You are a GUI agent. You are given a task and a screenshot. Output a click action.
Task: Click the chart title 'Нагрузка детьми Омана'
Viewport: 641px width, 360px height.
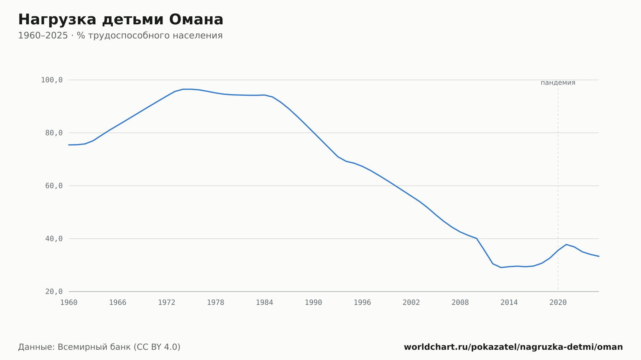click(121, 20)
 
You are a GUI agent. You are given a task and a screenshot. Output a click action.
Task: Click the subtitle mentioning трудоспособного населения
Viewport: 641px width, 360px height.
click(120, 36)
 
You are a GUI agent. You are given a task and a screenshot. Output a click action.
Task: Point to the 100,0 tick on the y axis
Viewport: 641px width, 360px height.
click(52, 80)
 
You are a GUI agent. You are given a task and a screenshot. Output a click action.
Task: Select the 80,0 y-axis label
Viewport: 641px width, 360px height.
click(54, 133)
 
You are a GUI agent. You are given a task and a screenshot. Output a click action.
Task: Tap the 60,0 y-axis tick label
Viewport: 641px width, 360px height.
click(54, 186)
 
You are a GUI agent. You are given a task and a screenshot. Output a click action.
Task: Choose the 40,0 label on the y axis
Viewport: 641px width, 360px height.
click(54, 239)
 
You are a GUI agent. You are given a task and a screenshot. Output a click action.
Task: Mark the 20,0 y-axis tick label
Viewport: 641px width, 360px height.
click(54, 291)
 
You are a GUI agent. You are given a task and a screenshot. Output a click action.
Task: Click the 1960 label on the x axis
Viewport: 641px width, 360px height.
click(69, 303)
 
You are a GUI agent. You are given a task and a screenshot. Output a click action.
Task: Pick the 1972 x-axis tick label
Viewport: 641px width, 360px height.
click(167, 303)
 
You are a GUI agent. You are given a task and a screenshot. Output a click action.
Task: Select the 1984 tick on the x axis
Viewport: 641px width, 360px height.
click(264, 303)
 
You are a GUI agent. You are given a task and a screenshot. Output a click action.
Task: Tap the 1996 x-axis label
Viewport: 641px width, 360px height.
click(362, 303)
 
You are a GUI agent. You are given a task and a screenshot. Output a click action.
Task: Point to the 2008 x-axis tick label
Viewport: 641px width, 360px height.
click(460, 303)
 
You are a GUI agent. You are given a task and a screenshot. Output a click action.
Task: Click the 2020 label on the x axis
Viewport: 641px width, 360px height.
click(558, 303)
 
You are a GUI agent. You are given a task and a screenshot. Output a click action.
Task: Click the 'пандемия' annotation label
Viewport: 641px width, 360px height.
click(558, 83)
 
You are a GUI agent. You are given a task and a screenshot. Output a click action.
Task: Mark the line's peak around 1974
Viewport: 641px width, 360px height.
click(183, 89)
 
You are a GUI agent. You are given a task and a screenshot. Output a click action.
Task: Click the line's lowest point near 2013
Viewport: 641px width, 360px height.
click(501, 267)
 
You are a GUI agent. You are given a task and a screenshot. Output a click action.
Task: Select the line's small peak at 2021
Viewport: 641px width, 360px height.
click(566, 244)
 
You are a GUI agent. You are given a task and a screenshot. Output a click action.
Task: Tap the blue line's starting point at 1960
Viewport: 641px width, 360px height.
click(69, 145)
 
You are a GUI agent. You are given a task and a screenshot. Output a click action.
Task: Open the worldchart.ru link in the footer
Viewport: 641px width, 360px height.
click(513, 347)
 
